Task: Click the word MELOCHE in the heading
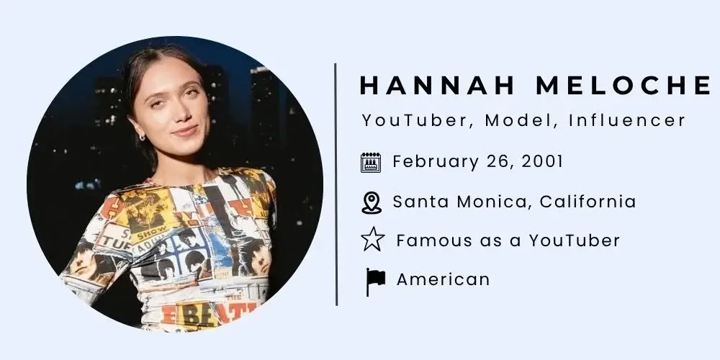[621, 86]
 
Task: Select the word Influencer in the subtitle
[627, 120]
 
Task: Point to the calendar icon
[371, 163]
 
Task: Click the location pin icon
[372, 202]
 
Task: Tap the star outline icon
[372, 240]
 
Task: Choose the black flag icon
[374, 281]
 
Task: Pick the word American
[443, 279]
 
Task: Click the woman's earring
[141, 136]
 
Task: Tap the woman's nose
[181, 114]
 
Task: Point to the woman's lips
[184, 130]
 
